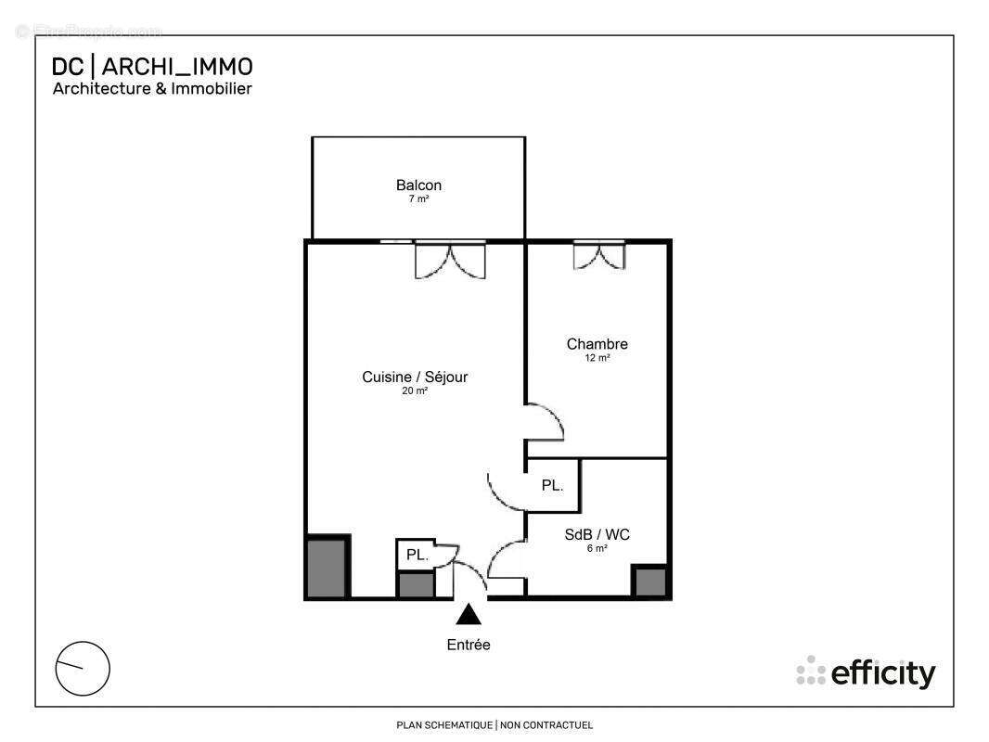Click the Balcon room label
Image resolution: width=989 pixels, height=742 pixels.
point(418,185)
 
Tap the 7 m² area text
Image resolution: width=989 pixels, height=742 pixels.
point(418,199)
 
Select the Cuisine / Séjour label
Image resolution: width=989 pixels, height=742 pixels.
point(415,377)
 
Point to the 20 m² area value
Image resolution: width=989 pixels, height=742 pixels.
point(415,391)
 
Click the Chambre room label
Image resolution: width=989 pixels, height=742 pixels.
point(597,344)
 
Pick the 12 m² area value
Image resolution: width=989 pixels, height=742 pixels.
point(597,358)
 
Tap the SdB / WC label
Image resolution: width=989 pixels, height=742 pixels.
point(597,534)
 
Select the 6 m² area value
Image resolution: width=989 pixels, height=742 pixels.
point(597,548)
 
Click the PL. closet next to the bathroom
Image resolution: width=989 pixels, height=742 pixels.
point(553,485)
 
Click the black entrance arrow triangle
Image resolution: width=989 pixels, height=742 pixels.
point(469,615)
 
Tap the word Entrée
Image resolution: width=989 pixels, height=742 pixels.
point(469,645)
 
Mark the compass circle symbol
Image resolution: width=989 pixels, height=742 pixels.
point(83,668)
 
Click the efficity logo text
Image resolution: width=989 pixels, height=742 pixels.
point(882,673)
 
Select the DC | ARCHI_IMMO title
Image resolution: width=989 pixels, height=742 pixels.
point(152,67)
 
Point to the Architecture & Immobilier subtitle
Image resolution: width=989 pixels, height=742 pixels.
point(152,89)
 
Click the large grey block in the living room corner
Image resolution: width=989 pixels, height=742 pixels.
point(327,567)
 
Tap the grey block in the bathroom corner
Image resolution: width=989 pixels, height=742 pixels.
point(649,582)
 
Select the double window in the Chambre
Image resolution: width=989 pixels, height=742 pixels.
point(598,255)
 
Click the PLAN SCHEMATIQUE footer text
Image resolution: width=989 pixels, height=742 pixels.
point(494,725)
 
